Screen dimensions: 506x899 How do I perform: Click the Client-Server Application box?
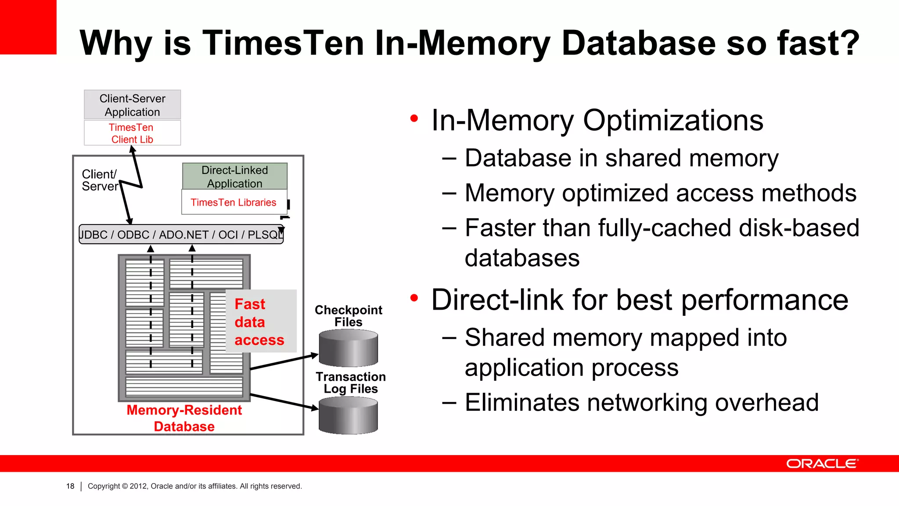(132, 105)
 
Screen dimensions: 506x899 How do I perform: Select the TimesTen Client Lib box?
(132, 133)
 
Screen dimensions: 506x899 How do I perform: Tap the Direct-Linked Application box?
(235, 177)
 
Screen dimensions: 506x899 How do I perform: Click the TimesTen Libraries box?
(234, 202)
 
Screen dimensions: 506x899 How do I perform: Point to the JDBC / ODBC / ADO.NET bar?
(181, 235)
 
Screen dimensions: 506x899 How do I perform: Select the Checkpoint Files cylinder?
(348, 348)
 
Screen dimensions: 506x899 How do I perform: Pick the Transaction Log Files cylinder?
(348, 415)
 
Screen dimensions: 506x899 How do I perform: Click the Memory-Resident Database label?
(184, 418)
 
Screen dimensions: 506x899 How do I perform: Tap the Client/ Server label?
(100, 180)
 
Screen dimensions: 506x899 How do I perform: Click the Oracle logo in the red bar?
(822, 464)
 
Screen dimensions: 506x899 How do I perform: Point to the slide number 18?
(70, 486)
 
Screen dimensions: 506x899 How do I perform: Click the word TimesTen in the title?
(283, 43)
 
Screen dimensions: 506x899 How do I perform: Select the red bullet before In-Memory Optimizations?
(414, 119)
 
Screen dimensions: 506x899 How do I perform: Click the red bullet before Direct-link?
(414, 298)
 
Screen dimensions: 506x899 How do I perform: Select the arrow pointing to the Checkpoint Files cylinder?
(284, 361)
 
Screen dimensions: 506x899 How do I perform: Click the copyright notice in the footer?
(194, 486)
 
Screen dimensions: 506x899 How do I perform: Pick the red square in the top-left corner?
(28, 27)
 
